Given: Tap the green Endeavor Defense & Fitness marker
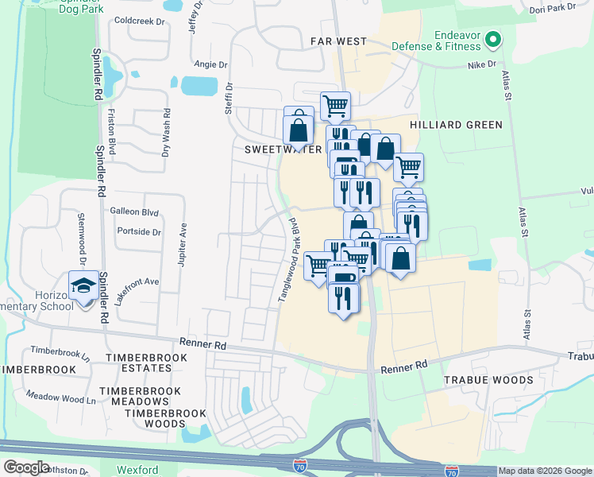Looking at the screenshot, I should pos(492,38).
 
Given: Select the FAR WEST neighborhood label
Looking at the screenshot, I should pos(338,41).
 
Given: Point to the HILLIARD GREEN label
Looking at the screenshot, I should pos(456,125).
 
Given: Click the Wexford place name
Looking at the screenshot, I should pos(138,470).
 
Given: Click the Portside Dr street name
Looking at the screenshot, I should pos(138,232).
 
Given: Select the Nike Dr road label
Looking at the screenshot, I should pos(481,64).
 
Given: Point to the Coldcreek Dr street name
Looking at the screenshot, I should pos(139,21).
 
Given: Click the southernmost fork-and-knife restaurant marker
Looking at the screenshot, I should pos(343,298).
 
